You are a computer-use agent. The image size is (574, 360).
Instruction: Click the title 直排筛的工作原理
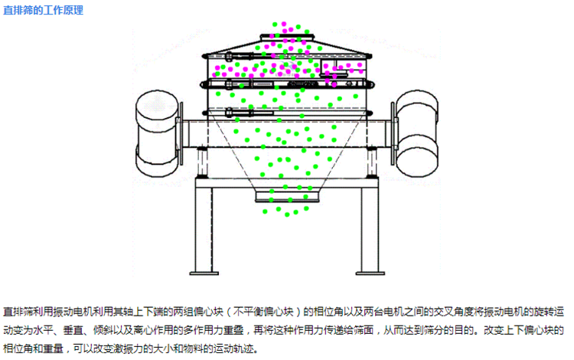[44, 10]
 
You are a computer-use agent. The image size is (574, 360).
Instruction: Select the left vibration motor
[155, 129]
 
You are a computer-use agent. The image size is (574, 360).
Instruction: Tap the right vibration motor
[417, 129]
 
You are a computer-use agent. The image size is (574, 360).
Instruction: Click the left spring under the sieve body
[202, 161]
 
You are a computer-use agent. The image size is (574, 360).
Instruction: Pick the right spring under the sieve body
[370, 161]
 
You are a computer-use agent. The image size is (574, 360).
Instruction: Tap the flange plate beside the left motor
[178, 135]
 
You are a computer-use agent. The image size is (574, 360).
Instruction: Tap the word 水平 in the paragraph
[44, 331]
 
